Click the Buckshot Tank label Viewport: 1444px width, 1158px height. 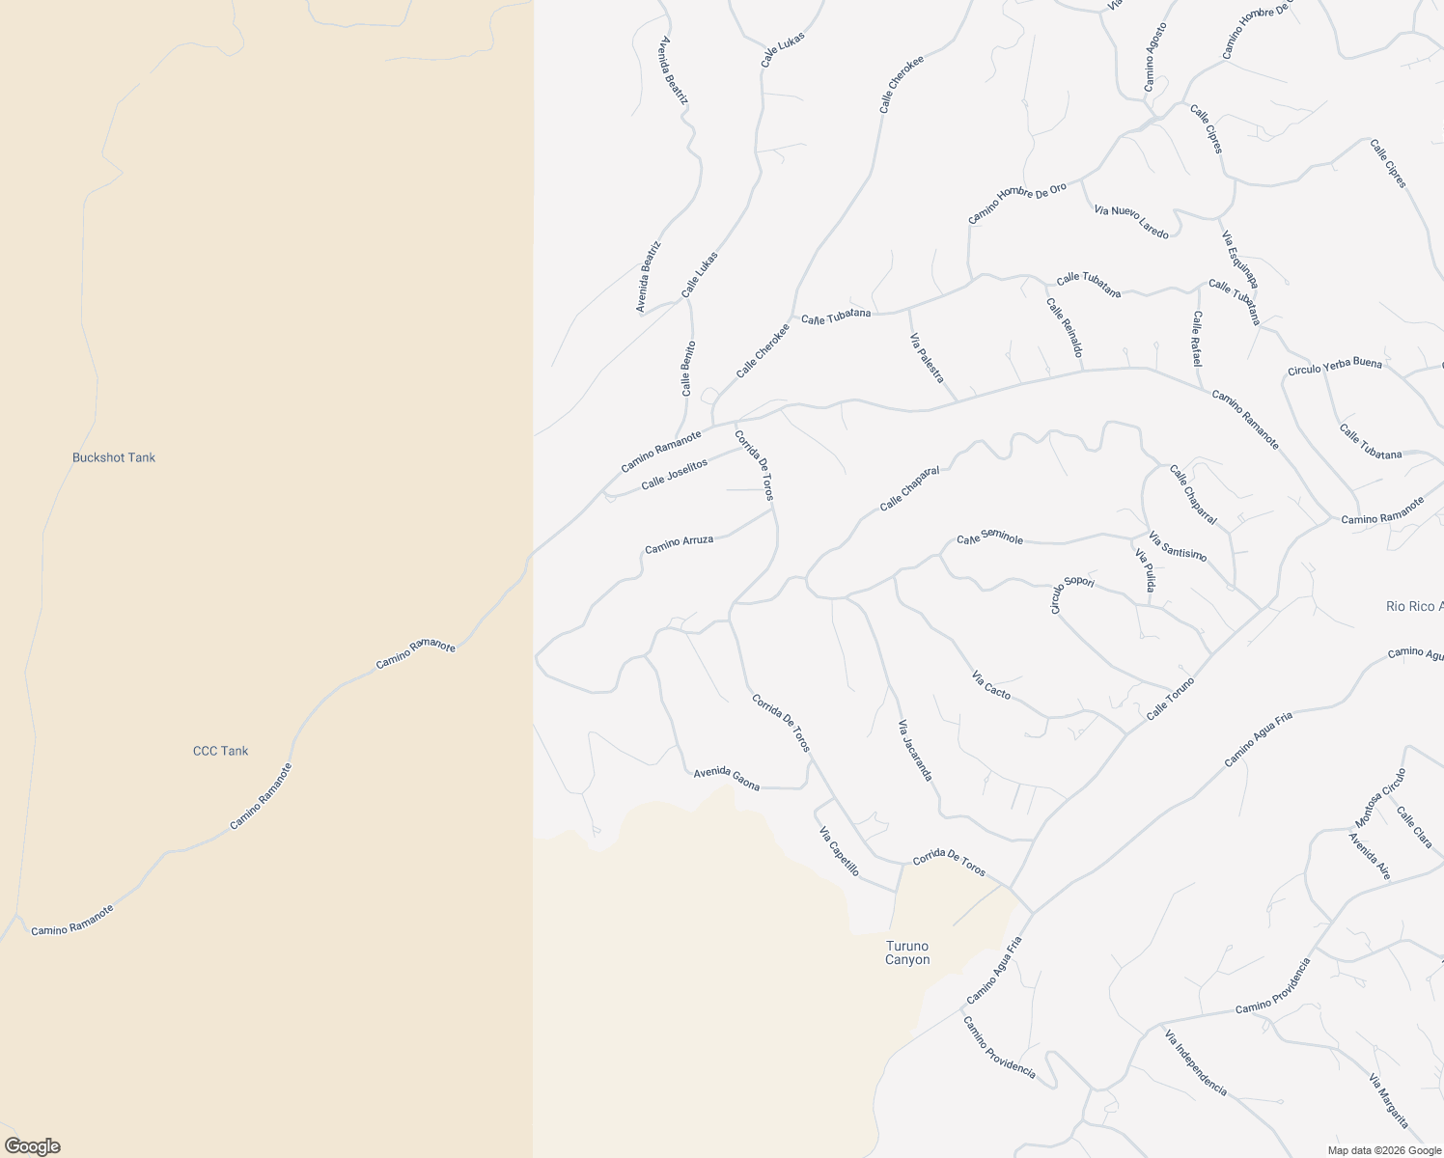(114, 457)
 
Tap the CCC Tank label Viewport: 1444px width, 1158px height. (220, 751)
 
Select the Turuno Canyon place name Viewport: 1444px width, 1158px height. (907, 952)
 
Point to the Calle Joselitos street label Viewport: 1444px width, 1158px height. (674, 474)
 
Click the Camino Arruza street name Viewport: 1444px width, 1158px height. (679, 545)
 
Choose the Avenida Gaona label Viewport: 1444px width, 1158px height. (726, 780)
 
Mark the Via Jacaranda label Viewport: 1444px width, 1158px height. (915, 750)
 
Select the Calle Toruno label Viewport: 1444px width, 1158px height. (1170, 700)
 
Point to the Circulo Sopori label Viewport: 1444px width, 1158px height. (1071, 594)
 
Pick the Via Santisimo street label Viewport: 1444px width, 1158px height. (1177, 545)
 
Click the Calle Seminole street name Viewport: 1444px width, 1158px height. (989, 538)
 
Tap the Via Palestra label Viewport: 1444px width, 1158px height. (927, 358)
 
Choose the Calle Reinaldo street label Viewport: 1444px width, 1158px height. (1063, 327)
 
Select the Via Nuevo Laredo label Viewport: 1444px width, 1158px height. (1131, 222)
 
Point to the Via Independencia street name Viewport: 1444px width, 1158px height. (1195, 1063)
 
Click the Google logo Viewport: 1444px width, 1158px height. (31, 1146)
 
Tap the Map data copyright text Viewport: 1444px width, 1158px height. (1382, 1149)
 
